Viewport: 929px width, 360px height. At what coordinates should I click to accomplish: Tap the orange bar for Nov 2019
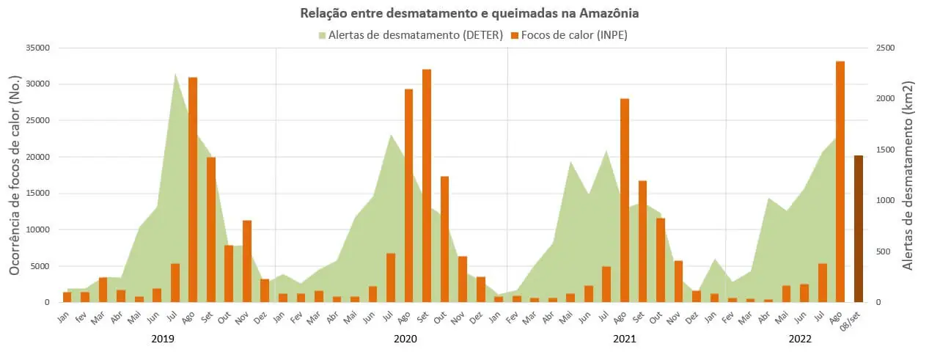tap(247, 261)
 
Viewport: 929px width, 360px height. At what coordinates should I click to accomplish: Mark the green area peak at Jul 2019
tap(175, 76)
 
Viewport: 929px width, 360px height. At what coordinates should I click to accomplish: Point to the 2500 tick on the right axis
tap(885, 48)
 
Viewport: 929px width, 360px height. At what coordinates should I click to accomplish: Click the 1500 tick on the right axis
tap(885, 150)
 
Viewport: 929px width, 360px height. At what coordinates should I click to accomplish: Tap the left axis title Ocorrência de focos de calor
tap(15, 175)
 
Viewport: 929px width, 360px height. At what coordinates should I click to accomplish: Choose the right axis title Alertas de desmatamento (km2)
tap(908, 175)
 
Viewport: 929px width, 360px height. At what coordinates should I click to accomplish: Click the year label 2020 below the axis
tap(405, 339)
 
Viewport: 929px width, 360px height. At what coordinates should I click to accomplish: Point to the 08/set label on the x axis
tap(853, 315)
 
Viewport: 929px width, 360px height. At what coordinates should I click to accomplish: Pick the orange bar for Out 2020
tap(444, 239)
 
